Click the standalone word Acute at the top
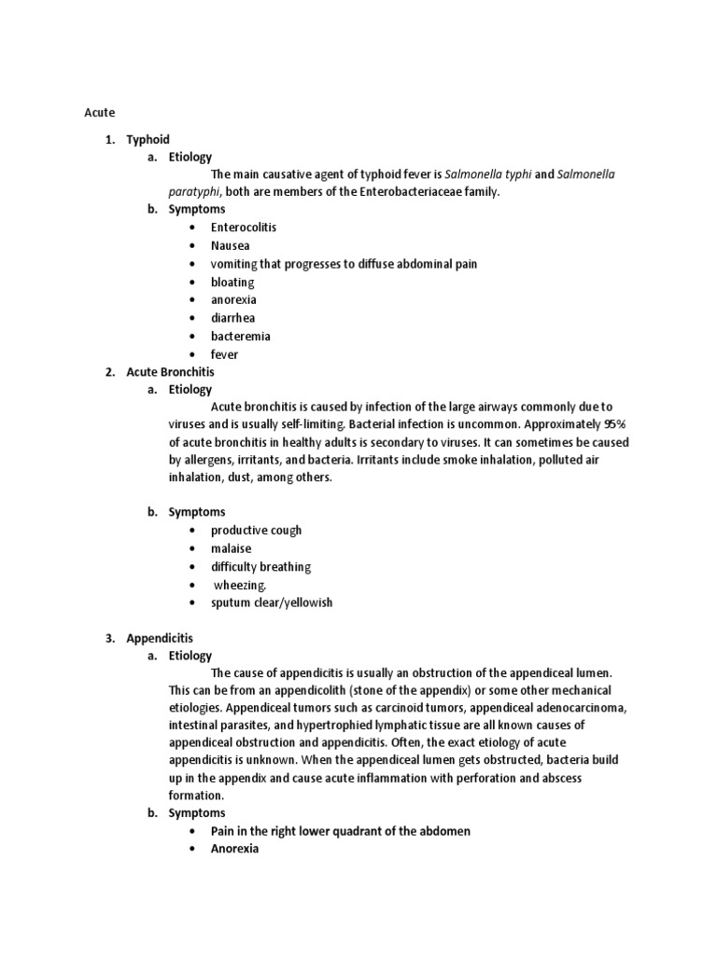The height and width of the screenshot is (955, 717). click(99, 112)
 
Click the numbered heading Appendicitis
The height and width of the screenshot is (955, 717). click(160, 638)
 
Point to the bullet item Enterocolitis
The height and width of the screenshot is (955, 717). click(244, 228)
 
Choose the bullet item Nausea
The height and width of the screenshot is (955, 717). click(230, 246)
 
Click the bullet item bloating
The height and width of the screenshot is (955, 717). click(232, 282)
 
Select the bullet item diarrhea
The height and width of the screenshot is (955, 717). click(232, 318)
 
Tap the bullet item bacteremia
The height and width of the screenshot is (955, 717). click(240, 336)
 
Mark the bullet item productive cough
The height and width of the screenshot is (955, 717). click(256, 530)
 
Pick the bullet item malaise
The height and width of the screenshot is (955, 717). click(231, 548)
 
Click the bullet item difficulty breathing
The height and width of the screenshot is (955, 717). click(260, 566)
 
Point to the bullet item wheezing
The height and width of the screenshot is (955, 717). click(240, 585)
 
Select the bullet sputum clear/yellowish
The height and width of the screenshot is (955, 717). click(271, 602)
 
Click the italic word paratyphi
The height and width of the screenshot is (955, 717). click(194, 192)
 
